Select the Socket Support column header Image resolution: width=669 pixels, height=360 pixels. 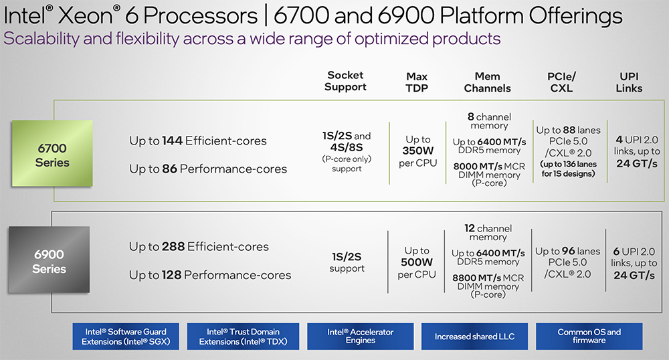[x=346, y=81]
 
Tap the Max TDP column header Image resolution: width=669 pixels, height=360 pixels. [x=417, y=81]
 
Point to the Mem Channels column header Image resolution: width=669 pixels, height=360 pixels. [x=488, y=82]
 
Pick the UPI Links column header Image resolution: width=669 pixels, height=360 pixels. [x=629, y=82]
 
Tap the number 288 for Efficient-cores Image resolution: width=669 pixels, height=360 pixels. [x=173, y=247]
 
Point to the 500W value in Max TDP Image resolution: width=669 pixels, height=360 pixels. [x=417, y=262]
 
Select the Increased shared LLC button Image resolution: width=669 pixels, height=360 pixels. [x=474, y=337]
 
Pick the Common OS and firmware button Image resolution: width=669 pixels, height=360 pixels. [x=589, y=336]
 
